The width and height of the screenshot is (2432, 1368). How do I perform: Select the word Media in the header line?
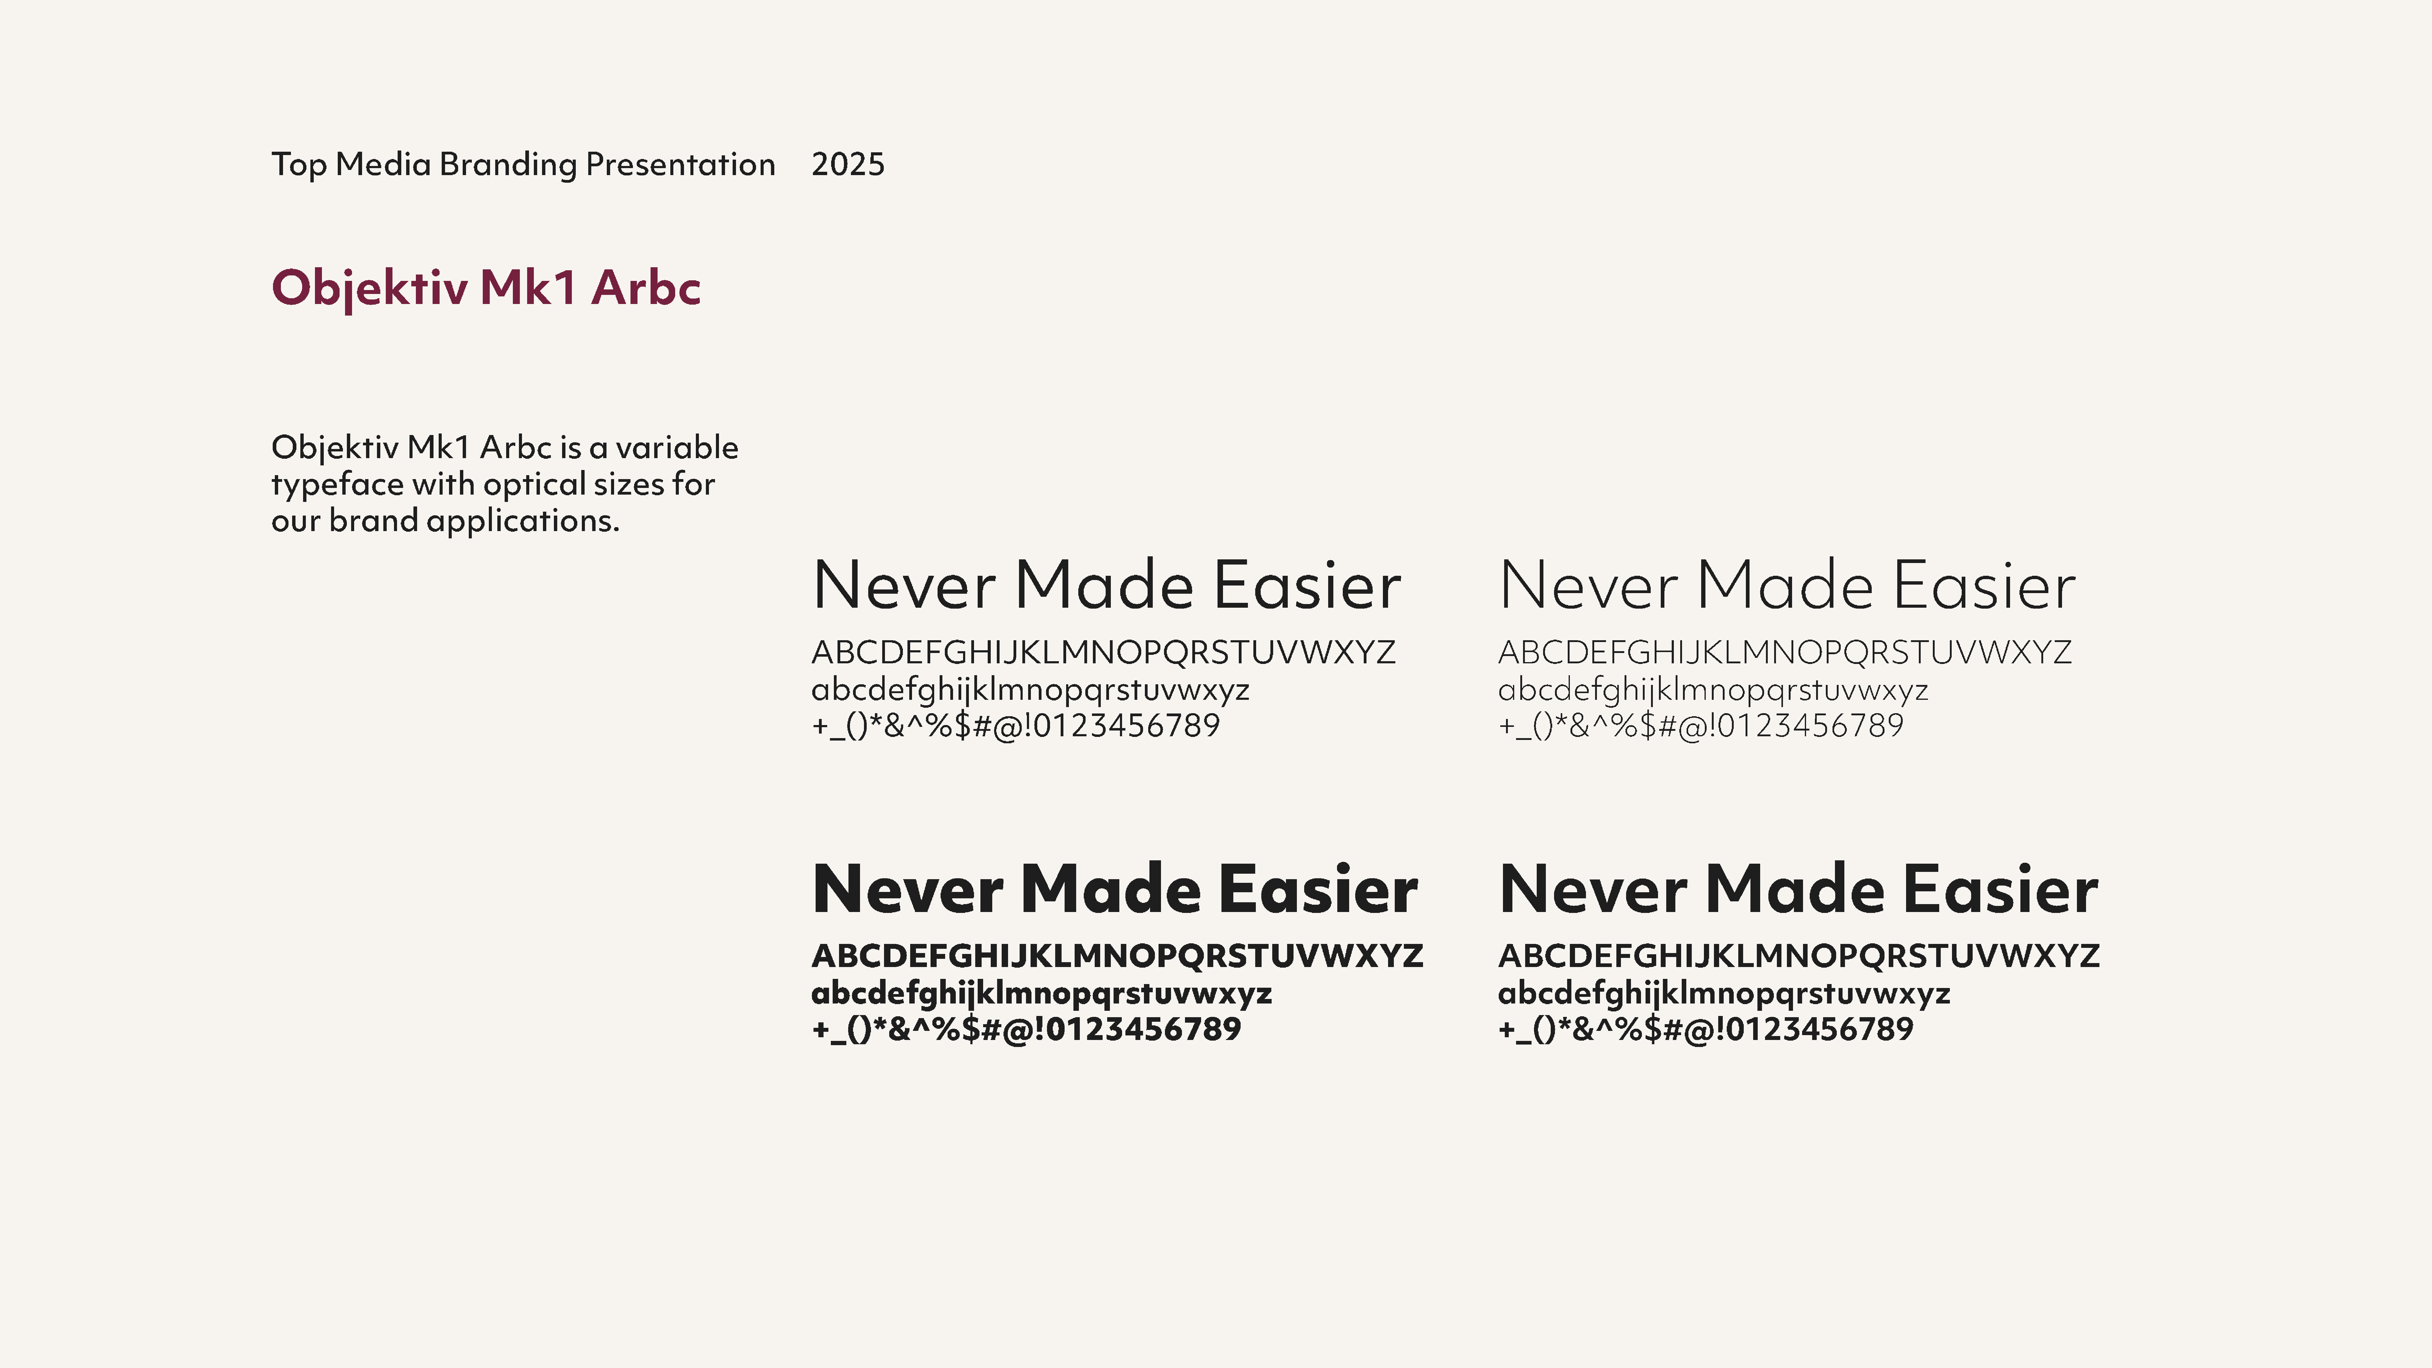(383, 164)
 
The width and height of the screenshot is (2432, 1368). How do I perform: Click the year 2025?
(848, 164)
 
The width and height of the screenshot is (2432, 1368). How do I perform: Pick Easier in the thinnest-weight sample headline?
(1985, 585)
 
